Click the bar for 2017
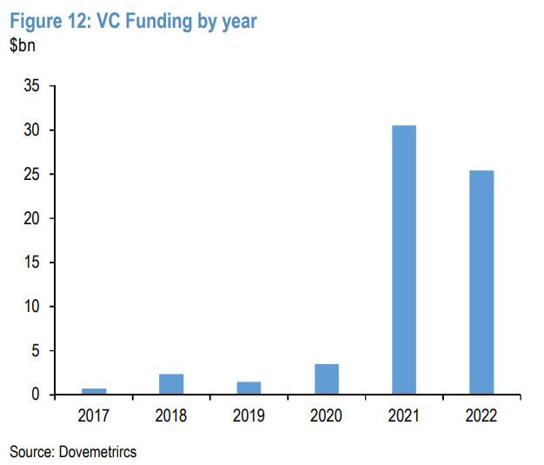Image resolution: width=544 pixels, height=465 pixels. [x=94, y=391]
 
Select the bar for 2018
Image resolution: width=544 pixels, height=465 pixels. [x=171, y=384]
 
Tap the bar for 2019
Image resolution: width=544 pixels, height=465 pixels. [x=249, y=388]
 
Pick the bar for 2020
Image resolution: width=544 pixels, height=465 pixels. [x=327, y=379]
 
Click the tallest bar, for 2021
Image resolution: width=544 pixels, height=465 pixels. [x=404, y=260]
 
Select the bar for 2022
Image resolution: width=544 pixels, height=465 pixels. [x=481, y=282]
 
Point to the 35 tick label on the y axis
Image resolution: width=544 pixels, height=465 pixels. [x=31, y=87]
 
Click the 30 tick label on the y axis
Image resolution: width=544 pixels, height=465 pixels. [x=31, y=130]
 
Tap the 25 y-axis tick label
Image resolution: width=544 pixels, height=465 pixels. [x=31, y=175]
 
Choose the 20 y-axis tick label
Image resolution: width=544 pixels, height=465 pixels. [x=31, y=219]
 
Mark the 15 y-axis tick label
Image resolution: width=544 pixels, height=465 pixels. [x=31, y=262]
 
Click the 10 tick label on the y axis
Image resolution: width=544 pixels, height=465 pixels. [x=31, y=307]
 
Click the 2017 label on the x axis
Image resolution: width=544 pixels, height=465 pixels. [x=94, y=415]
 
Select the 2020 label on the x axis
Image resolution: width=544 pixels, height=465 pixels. [x=327, y=415]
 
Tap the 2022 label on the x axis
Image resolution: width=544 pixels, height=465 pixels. [x=481, y=415]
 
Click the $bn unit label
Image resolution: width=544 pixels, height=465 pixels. [x=23, y=46]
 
